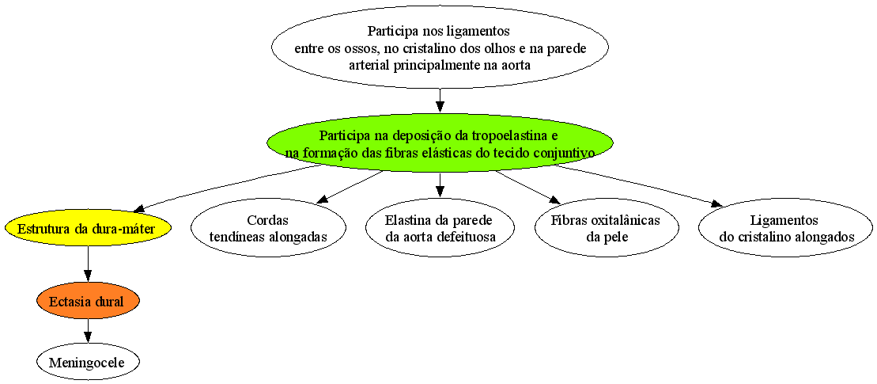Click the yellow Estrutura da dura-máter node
point(87,228)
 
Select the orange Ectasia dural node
point(87,301)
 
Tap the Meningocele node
point(87,362)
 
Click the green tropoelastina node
point(440,144)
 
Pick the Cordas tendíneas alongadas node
point(267,228)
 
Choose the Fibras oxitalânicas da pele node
point(607,228)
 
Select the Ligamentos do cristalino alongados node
point(785,228)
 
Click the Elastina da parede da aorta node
point(440,228)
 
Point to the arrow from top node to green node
point(440,102)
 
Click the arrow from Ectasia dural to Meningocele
point(87,332)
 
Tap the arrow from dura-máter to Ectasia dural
point(87,264)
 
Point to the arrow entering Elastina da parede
point(440,186)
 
